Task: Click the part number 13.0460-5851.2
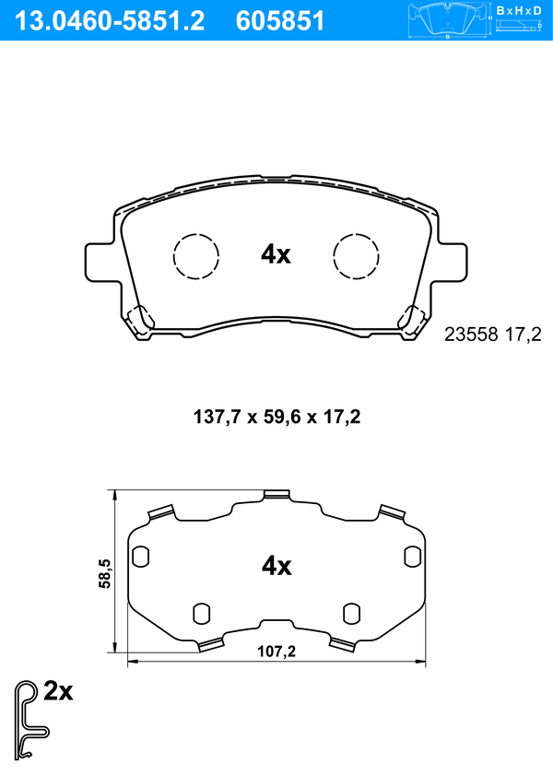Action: point(110,21)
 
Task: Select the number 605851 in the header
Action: point(280,21)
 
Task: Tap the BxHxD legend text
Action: point(518,10)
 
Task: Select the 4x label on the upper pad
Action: point(276,254)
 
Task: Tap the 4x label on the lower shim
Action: point(276,566)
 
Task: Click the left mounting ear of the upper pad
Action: point(101,262)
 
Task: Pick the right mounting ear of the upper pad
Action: point(451,262)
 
